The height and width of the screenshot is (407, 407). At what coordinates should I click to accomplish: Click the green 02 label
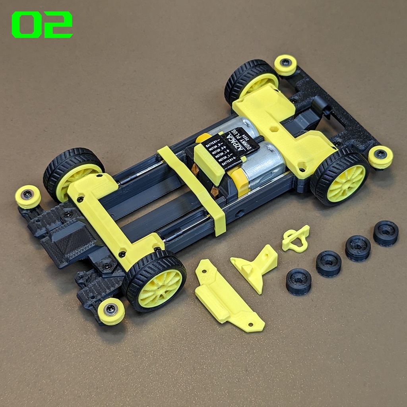[x=42, y=25]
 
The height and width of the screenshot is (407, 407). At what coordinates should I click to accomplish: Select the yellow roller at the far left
[x=28, y=196]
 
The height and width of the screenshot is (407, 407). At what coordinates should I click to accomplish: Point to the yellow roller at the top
[x=285, y=65]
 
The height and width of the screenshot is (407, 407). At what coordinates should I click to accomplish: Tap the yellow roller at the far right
[x=380, y=157]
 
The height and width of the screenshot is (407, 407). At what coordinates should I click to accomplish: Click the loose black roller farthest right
[x=386, y=233]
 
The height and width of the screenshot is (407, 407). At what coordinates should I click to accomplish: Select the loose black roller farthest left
[x=298, y=281]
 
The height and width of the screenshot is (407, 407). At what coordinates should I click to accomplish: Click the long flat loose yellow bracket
[x=227, y=296]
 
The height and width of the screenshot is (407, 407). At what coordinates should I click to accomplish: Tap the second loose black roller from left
[x=329, y=263]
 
